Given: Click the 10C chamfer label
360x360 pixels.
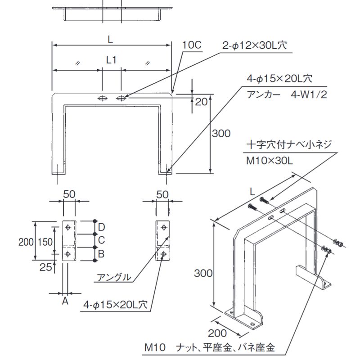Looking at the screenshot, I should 192,45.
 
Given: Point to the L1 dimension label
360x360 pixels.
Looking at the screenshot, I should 111,59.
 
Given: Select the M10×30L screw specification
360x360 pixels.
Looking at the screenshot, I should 270,161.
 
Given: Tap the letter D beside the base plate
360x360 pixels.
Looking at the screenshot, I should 102,226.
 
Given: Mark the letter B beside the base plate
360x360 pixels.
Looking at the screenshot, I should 102,254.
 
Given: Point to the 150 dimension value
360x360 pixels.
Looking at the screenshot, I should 45,242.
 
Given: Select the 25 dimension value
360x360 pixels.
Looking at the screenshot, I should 45,267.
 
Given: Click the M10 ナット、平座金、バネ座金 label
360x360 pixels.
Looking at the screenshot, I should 209,348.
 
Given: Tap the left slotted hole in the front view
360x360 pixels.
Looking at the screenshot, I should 103,98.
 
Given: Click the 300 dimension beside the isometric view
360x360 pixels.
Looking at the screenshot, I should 203,273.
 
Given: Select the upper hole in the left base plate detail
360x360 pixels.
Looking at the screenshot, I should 67,228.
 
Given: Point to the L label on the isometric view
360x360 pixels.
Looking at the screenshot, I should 252,191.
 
